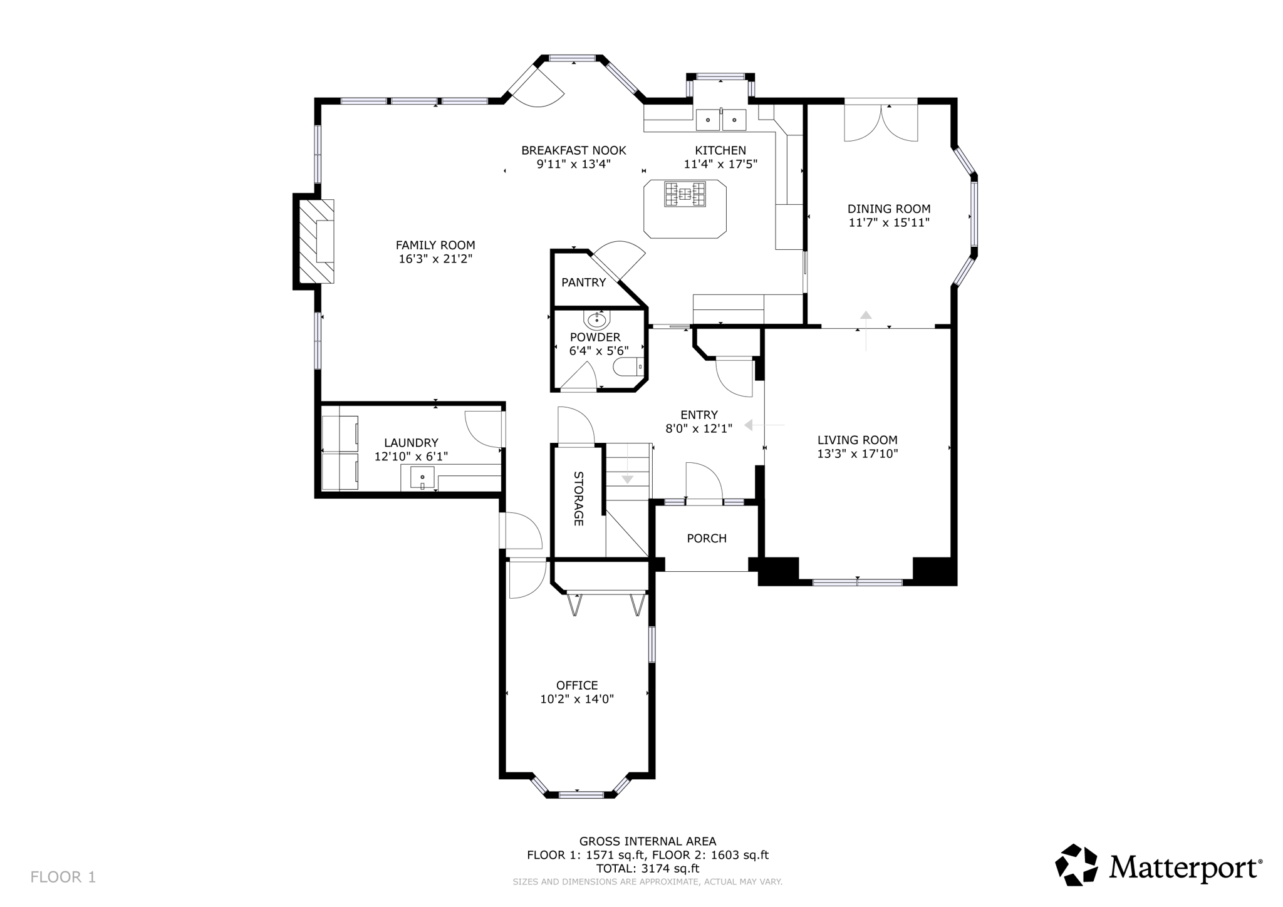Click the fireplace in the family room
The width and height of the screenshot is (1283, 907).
pos(316,241)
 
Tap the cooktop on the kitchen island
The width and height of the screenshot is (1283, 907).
pos(685,194)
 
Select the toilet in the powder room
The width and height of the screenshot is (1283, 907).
pos(628,367)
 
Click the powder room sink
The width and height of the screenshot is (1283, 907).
pos(596,321)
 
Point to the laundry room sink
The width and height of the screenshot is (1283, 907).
pos(422,478)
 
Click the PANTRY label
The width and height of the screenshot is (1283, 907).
pos(583,282)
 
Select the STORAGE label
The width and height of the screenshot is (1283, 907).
pos(578,499)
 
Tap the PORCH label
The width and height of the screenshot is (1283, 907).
pos(707,539)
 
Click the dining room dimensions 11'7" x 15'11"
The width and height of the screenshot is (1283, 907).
pos(889,223)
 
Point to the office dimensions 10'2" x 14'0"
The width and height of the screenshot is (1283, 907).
pos(577,699)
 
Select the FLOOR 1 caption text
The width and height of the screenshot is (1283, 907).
pos(63,877)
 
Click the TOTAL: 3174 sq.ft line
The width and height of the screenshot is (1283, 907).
pos(647,869)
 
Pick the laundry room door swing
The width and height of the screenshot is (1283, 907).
pos(484,430)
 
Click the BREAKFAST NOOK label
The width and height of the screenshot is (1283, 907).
pos(573,150)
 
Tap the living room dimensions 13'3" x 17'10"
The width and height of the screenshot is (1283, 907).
pos(857,454)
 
